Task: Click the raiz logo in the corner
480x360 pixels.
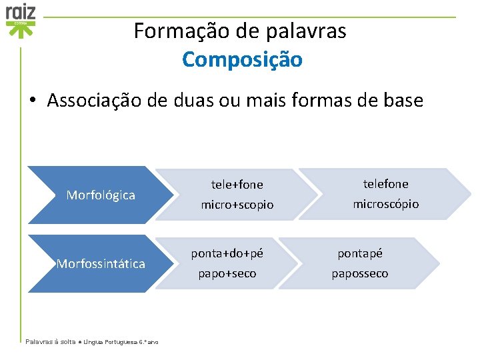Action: (x=21, y=19)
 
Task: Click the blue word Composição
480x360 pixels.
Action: (x=242, y=59)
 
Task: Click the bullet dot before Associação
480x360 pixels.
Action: (x=33, y=101)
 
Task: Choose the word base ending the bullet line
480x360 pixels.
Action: (x=401, y=101)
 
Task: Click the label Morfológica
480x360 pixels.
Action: (x=101, y=195)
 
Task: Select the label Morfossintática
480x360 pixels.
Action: (x=101, y=264)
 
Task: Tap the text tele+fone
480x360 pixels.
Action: (x=237, y=185)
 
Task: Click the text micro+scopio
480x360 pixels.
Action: (x=237, y=205)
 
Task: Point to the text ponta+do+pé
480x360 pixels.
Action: (x=227, y=253)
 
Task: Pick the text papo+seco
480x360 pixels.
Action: (x=227, y=274)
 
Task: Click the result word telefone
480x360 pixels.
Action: (x=385, y=183)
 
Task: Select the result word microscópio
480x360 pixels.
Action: (x=385, y=204)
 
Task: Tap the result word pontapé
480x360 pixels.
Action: (x=360, y=253)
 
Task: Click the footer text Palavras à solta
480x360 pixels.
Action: (x=50, y=341)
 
